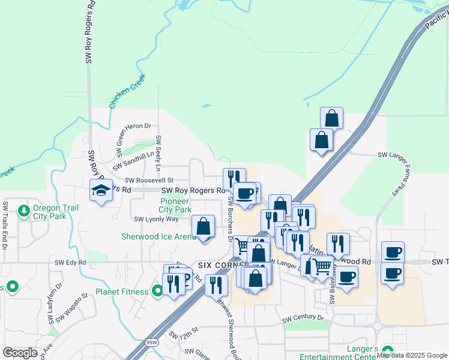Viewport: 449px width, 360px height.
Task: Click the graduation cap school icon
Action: tap(101, 191)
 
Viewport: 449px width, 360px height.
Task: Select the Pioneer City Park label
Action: tap(175, 205)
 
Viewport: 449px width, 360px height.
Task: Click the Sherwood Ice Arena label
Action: tap(158, 236)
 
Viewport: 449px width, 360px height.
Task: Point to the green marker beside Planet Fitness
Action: tap(157, 292)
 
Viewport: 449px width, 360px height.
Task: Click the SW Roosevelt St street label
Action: tap(149, 179)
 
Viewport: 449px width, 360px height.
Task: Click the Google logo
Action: tap(20, 353)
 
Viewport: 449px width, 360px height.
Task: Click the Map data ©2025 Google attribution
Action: tap(412, 355)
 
